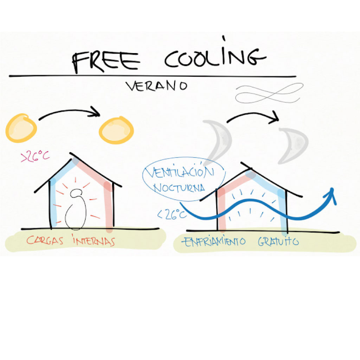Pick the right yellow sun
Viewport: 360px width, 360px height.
pyautogui.click(x=116, y=130)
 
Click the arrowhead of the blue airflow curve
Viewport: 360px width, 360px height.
pyautogui.click(x=331, y=195)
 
